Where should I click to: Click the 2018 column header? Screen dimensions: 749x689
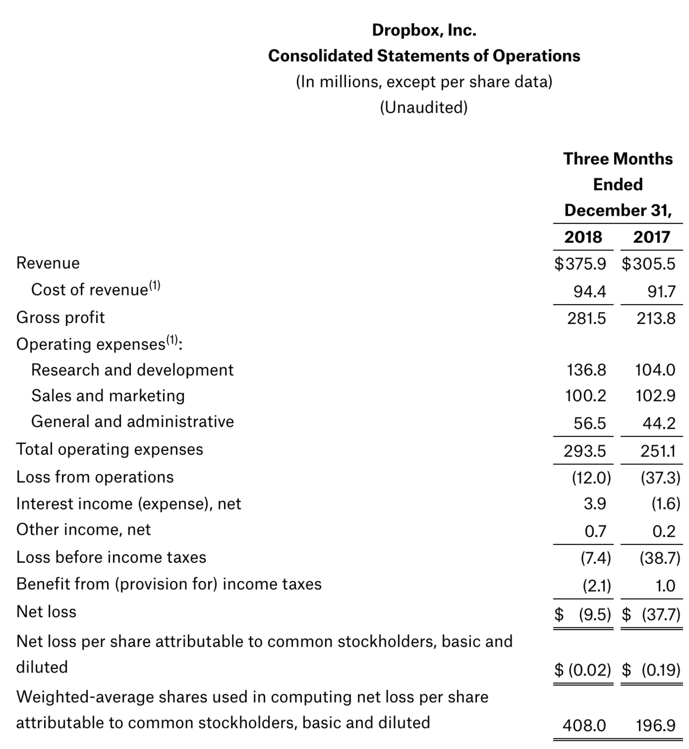583,237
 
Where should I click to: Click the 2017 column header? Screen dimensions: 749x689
651,237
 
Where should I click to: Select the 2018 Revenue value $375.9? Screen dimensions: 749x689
580,264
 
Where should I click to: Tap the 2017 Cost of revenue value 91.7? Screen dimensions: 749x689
661,292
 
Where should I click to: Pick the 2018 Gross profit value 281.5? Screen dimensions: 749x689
586,319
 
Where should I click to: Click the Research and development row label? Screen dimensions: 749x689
132,370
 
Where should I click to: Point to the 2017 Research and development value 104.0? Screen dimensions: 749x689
655,370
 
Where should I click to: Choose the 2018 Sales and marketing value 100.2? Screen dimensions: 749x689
586,396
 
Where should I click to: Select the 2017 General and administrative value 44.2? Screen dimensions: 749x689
659,423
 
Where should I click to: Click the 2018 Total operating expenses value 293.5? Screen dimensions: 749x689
585,451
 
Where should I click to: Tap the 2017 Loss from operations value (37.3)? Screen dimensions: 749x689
660,477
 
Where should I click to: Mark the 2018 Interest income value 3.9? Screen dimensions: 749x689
595,504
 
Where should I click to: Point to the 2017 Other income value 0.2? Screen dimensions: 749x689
664,532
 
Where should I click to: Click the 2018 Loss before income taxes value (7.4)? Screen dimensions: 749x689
595,558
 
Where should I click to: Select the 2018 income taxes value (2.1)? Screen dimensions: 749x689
596,585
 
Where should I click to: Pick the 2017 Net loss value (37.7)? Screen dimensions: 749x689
660,614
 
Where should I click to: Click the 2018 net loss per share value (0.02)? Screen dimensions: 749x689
589,670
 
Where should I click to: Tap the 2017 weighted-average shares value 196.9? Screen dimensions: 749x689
655,726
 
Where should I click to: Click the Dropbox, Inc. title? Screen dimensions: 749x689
424,30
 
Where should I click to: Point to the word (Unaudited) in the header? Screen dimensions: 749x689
424,108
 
